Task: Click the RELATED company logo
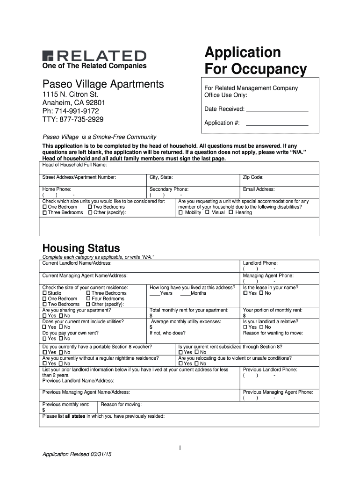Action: (x=94, y=55)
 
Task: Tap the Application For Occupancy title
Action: (x=255, y=60)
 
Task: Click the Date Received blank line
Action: (x=277, y=111)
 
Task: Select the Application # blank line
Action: (x=277, y=125)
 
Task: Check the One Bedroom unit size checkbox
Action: (x=45, y=207)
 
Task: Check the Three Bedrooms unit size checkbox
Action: (x=45, y=213)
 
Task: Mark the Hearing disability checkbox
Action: (x=230, y=213)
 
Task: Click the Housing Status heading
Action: (x=81, y=248)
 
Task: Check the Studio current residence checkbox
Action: (x=45, y=293)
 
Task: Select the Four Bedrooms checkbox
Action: (x=88, y=299)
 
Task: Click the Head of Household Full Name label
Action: (x=75, y=165)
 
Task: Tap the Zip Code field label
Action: (x=253, y=177)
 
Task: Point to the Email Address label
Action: (x=259, y=189)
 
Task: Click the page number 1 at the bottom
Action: (x=180, y=448)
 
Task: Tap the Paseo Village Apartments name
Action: (x=103, y=85)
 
